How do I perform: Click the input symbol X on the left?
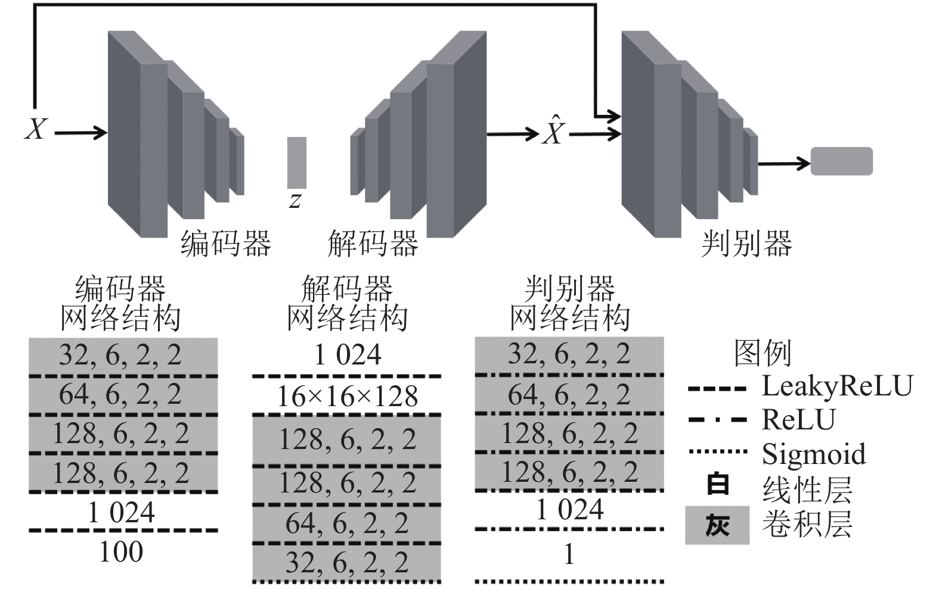[x=36, y=129]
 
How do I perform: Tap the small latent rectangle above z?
[x=297, y=163]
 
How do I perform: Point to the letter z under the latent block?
[x=295, y=201]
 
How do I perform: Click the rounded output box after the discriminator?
[x=842, y=161]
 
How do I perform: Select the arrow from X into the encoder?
[x=81, y=133]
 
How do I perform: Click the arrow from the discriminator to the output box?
[x=785, y=163]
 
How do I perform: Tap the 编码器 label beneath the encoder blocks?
[x=226, y=244]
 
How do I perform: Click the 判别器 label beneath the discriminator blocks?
[x=746, y=244]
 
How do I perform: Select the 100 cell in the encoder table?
[x=121, y=551]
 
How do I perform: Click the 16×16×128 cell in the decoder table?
[x=348, y=396]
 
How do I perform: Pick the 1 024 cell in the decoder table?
[x=348, y=354]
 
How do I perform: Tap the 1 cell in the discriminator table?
[x=569, y=554]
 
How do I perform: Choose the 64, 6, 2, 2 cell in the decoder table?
[x=347, y=523]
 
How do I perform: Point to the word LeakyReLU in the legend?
[x=837, y=386]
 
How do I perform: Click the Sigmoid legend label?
[x=814, y=454]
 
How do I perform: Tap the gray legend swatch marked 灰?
[x=717, y=525]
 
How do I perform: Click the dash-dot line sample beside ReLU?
[x=717, y=419]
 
